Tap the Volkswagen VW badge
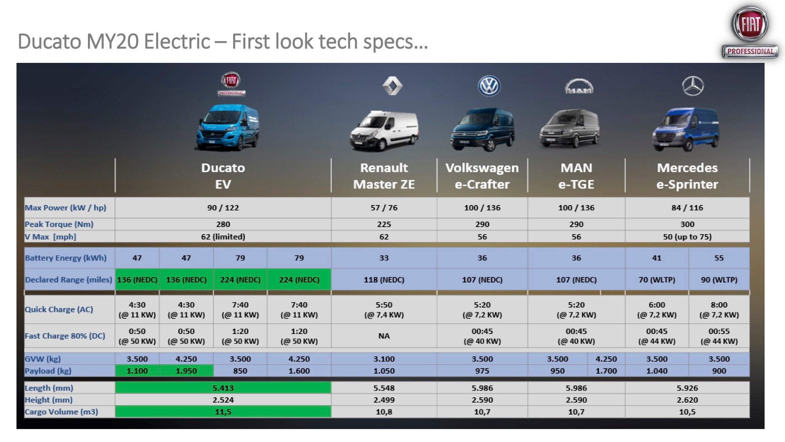489,86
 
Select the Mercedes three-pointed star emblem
693,86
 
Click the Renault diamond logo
392,86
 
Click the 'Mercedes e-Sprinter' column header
687,176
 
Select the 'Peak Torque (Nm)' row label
59,224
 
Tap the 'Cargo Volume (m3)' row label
62,412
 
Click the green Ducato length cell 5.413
223,388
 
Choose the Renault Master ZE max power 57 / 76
384,208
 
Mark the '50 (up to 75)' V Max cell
687,237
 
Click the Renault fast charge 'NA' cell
384,336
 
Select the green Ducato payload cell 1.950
186,371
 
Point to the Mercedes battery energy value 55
719,258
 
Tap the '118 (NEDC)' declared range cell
384,280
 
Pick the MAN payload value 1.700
606,371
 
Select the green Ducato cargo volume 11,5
223,412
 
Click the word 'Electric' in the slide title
177,41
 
